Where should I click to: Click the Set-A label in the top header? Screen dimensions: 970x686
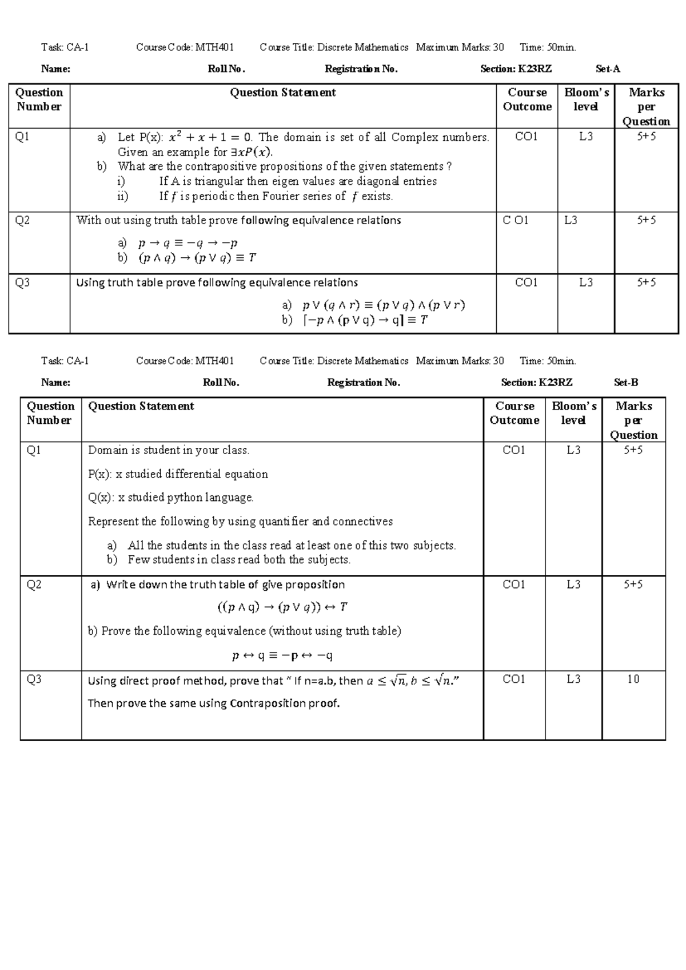pos(608,69)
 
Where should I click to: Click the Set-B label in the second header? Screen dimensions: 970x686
pos(626,383)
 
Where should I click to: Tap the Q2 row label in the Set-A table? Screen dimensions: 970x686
pos(22,221)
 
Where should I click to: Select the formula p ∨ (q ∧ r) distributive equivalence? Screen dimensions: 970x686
pos(383,305)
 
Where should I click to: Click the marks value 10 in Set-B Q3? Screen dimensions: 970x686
pos(633,679)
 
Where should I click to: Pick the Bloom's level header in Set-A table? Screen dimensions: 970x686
pos(586,100)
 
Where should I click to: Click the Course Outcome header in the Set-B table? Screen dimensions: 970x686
pos(514,413)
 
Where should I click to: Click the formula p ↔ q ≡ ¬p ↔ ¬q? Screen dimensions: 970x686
pos(282,655)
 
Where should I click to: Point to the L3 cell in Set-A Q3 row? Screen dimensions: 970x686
pos(585,283)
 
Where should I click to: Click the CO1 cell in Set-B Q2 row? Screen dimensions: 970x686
pos(513,585)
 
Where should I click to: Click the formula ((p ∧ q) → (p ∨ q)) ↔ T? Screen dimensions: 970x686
pos(282,607)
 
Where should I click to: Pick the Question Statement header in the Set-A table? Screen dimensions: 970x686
pos(282,93)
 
